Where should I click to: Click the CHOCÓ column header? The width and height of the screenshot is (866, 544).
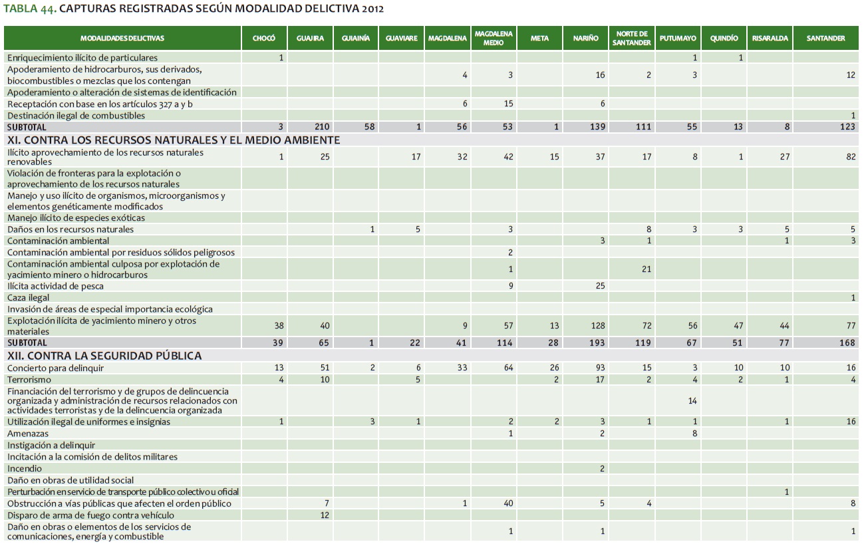pos(264,39)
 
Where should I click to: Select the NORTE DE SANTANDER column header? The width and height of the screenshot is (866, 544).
pos(632,39)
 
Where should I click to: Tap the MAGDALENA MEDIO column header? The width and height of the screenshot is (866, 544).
pos(494,39)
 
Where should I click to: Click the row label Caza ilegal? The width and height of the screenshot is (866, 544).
pos(29,298)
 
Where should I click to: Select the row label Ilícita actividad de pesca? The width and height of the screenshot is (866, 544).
pos(55,286)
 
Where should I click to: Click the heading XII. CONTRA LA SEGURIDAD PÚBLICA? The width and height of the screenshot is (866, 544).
pos(104,356)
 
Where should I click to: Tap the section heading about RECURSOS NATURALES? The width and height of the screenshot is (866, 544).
pos(174,140)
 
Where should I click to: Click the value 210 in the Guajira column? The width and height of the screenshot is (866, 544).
pos(323,126)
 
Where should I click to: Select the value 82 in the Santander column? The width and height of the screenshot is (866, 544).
pos(851,157)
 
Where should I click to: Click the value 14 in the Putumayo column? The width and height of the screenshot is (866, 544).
pos(692,401)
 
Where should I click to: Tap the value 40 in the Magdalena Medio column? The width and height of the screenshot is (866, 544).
pos(508,503)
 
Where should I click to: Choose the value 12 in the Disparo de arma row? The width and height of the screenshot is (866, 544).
pos(325,515)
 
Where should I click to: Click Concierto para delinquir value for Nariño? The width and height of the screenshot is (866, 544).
pos(599,368)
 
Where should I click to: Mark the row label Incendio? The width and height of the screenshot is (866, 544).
pos(25,469)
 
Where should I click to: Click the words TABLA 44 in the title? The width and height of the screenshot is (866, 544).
pos(29,10)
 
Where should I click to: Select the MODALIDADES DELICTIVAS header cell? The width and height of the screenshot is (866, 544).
pos(122,39)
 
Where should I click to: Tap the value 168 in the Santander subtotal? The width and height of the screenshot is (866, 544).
pos(847,342)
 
